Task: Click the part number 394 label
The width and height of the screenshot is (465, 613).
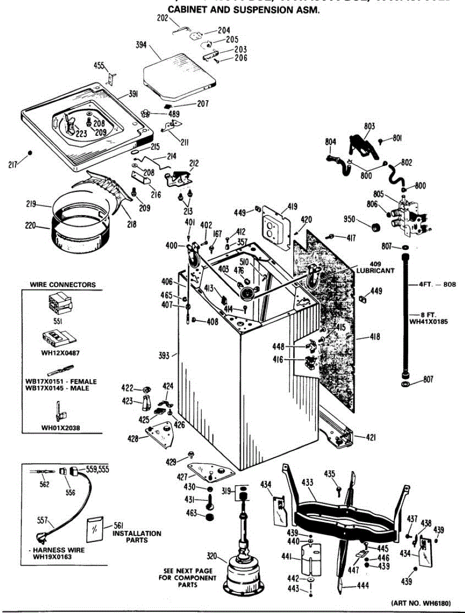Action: coord(141,45)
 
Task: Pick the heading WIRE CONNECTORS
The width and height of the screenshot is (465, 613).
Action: coord(62,285)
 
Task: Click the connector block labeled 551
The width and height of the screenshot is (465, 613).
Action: coord(57,305)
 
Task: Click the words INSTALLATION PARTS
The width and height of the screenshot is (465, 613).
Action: coord(136,536)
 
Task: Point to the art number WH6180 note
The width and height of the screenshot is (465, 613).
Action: coord(421,603)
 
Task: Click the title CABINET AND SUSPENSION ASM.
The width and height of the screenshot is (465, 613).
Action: coord(244,10)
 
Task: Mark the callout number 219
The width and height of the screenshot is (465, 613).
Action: coord(31,204)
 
